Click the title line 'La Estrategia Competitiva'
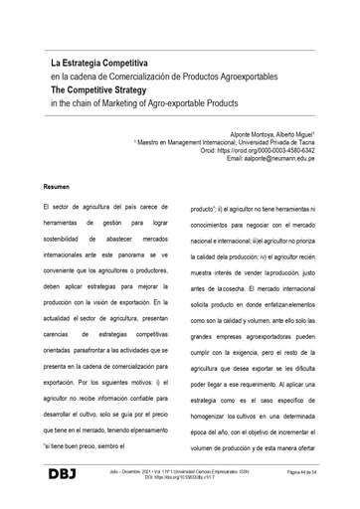pyautogui.click(x=100, y=63)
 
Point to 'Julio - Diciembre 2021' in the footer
pyautogui.click(x=128, y=478)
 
